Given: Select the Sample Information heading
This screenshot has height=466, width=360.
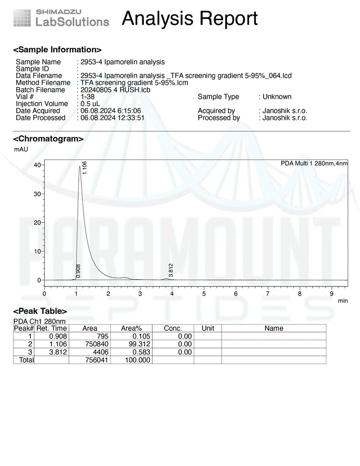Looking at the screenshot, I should [x=57, y=49].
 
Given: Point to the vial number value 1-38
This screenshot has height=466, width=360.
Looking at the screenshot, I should [x=88, y=96].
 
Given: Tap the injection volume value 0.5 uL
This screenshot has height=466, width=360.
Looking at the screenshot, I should [x=90, y=104].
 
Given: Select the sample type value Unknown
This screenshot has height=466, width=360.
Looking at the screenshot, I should [x=277, y=96].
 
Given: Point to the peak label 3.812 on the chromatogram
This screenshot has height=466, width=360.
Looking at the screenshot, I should [x=171, y=270].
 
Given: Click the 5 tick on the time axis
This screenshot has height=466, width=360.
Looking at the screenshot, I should [x=204, y=293].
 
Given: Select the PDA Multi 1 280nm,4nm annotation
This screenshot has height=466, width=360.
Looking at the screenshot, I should [x=314, y=164].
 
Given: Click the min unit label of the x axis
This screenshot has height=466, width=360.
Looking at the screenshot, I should [x=343, y=301].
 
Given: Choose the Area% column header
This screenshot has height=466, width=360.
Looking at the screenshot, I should [x=131, y=328].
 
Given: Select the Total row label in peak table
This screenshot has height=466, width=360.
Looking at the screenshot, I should [x=26, y=359].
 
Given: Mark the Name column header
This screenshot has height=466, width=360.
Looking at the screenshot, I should [x=274, y=328].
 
